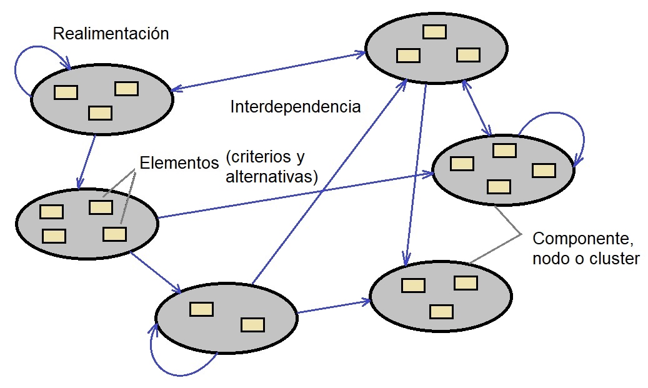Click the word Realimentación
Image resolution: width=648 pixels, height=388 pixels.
click(x=111, y=34)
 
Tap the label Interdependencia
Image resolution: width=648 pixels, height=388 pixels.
click(x=296, y=107)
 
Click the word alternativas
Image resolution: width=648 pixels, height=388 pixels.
click(x=271, y=177)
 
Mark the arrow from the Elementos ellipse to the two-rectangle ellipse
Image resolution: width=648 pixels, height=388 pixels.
click(x=156, y=273)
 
